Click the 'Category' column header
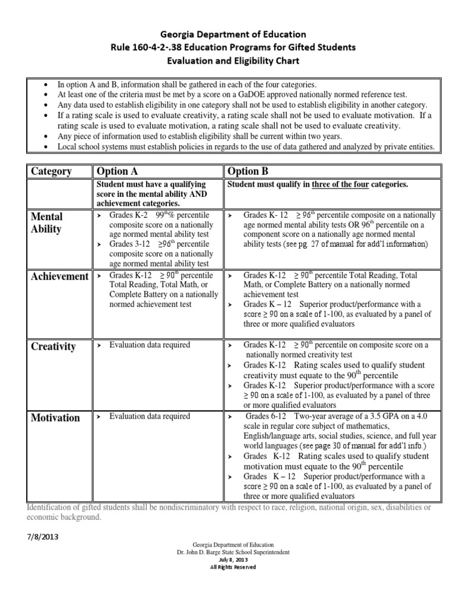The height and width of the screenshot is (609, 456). (x=51, y=171)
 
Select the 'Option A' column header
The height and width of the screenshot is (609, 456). (x=120, y=171)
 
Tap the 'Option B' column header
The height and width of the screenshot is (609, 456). (x=248, y=171)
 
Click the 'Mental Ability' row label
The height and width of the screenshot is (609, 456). (x=47, y=222)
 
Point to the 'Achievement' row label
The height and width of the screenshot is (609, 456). (x=59, y=277)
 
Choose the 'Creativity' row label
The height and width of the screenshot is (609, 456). (x=53, y=347)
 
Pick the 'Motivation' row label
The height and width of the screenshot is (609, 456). (x=55, y=417)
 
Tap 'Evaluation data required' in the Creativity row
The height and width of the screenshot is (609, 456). (x=150, y=345)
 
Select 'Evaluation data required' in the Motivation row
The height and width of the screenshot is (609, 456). (x=150, y=416)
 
